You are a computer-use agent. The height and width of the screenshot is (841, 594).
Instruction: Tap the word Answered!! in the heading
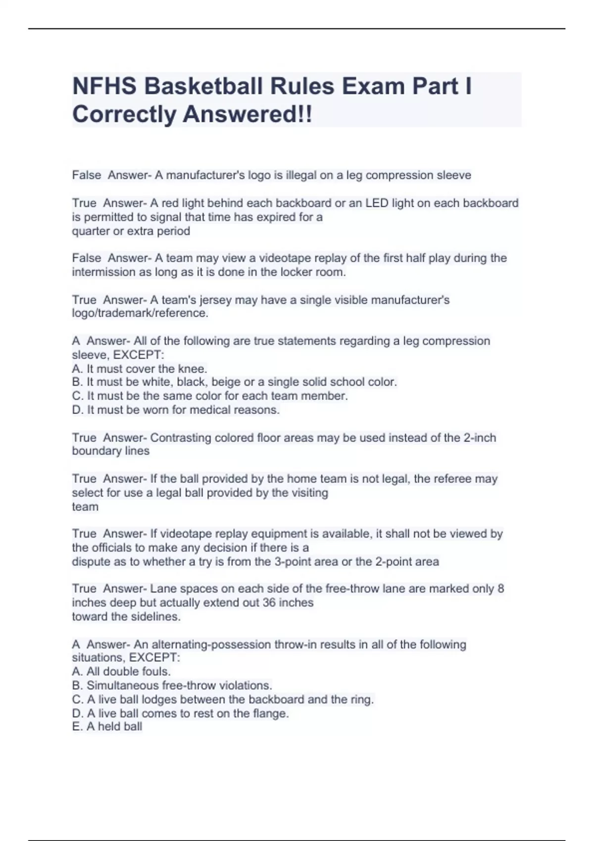(247, 115)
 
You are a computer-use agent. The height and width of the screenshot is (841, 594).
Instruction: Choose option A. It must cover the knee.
(140, 369)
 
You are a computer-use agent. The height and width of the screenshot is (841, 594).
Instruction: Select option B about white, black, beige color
(234, 382)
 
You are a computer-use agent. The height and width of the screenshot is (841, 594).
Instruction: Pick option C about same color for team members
(210, 396)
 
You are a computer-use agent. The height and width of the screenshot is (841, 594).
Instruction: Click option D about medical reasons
(176, 410)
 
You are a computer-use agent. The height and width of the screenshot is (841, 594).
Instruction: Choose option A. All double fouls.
(121, 671)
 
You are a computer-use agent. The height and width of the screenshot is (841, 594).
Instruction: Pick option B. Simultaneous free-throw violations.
(172, 685)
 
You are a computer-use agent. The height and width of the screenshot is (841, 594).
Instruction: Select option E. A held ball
(107, 726)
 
